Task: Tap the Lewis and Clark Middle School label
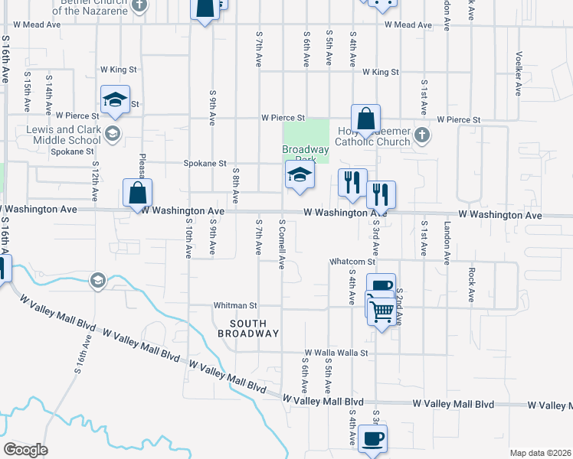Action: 63,135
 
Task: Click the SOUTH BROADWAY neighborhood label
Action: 248,328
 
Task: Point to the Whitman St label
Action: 234,305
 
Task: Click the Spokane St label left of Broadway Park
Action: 205,164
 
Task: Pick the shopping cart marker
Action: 382,311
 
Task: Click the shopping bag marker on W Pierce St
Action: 366,119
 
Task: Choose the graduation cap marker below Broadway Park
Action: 300,175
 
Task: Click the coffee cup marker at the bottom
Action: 372,439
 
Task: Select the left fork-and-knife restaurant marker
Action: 352,183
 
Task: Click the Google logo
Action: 25,449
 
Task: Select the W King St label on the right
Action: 381,72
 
